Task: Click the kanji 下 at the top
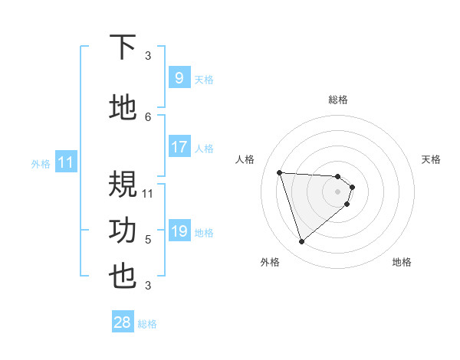pos(123,47)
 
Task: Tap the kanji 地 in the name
pos(123,108)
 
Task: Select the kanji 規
pos(123,185)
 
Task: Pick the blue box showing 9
pos(179,78)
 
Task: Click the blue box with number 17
pos(179,147)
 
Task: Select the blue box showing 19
pos(179,231)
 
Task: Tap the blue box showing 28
pos(122,322)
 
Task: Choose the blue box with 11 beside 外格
pos(66,162)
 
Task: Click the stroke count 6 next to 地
pos(148,116)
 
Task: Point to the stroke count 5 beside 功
pos(148,240)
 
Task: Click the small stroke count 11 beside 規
pos(149,193)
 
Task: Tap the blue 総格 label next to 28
pos(147,324)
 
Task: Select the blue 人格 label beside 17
pos(204,149)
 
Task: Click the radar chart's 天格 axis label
pos(432,159)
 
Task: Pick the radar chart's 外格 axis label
pos(270,262)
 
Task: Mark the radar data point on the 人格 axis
pos(280,172)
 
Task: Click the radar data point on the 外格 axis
pos(301,242)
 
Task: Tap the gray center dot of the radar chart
pos(338,201)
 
